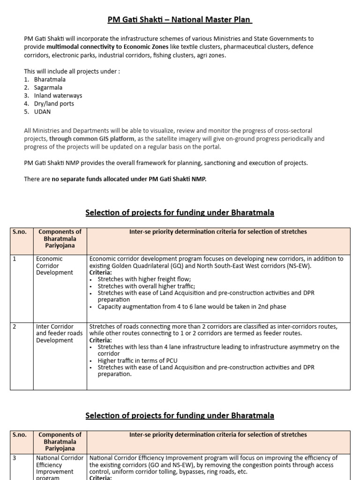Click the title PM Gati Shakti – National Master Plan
(x=180, y=20)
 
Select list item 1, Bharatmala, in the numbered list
(x=50, y=80)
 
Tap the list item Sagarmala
(x=48, y=88)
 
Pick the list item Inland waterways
(x=58, y=96)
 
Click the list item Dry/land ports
(x=54, y=104)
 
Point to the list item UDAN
(x=42, y=112)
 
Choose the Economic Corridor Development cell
(x=54, y=266)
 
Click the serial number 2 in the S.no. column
(x=15, y=327)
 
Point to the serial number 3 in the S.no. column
(x=15, y=458)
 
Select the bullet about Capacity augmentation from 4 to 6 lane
(x=192, y=307)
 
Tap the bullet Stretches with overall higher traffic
(x=146, y=286)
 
